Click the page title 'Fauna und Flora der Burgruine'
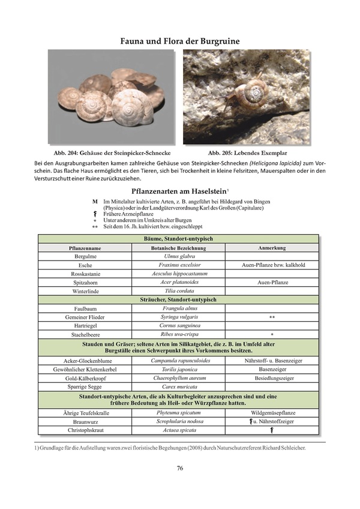[180, 41]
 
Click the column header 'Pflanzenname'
[84, 248]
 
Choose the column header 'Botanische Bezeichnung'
[179, 248]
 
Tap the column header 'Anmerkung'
[272, 247]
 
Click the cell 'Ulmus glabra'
[179, 256]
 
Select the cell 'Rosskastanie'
[84, 274]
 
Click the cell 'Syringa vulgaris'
[179, 316]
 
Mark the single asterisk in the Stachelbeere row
[272, 334]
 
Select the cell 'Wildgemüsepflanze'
[272, 414]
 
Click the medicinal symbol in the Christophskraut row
[272, 430]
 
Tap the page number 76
[180, 469]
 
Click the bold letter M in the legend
[95, 202]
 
